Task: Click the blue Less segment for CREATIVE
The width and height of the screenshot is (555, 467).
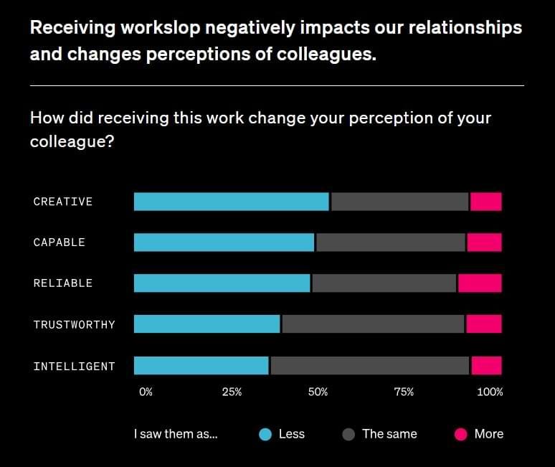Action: coord(232,202)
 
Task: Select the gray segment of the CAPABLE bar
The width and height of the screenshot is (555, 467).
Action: coord(391,242)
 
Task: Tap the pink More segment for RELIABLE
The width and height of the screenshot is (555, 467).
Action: coord(480,283)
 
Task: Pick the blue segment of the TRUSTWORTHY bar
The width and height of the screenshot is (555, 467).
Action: coord(207,324)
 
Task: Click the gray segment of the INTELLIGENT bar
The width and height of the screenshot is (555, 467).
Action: coord(370,365)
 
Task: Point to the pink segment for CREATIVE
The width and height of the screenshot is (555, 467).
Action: coord(486,202)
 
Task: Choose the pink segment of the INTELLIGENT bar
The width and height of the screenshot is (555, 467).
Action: coord(487,365)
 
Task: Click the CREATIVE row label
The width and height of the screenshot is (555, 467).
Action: coord(63,202)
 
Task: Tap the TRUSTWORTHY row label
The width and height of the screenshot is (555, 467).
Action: coord(75,325)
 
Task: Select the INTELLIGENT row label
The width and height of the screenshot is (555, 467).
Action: coord(75,366)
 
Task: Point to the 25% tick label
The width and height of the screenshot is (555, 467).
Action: coord(232,392)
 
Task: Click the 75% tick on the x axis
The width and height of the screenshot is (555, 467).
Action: coord(404,392)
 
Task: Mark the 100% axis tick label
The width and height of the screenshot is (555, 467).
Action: coord(490,392)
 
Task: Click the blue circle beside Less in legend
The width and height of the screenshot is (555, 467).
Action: coord(265,435)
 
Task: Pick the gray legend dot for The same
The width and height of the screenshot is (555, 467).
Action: coord(348,435)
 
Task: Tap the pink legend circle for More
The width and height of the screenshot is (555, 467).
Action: coord(461,435)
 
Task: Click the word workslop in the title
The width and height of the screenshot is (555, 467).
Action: coord(161,28)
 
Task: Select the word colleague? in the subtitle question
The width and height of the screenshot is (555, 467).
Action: coord(72,142)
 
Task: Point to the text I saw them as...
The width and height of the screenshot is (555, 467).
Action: coord(176,434)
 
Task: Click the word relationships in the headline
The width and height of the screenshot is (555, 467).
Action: coord(465,28)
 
